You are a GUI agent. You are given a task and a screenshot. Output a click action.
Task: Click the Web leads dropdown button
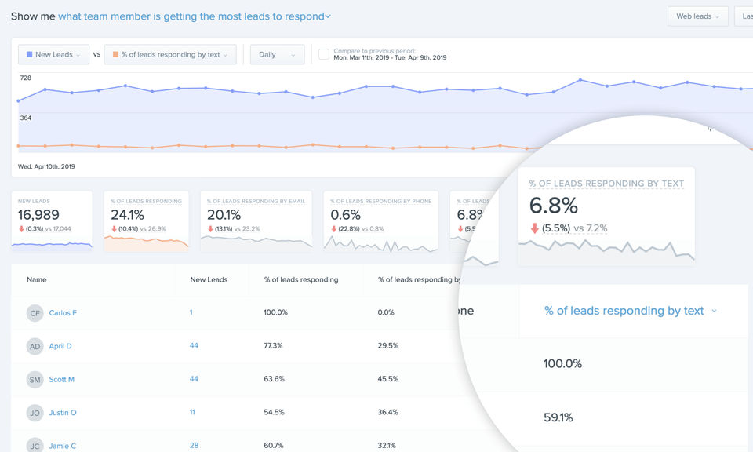[697, 16]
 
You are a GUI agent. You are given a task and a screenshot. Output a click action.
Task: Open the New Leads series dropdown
[53, 55]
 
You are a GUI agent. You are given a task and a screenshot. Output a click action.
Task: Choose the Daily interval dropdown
[277, 55]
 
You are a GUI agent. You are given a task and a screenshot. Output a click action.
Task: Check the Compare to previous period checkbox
[324, 54]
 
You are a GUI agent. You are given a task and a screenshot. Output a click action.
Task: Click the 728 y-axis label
[26, 78]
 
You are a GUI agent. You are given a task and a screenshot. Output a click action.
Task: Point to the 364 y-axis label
[26, 118]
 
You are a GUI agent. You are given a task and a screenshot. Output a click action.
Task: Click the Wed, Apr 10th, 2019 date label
[46, 166]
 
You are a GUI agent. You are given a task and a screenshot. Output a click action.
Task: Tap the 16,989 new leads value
[38, 215]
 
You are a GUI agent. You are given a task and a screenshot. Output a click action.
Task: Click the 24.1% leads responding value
[127, 215]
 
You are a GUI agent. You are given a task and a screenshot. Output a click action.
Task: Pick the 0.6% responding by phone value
[346, 215]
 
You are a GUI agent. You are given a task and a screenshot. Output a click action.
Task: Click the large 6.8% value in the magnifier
[554, 206]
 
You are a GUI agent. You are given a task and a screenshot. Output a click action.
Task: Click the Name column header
[37, 279]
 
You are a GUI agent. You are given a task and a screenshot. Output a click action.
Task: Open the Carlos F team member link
[63, 313]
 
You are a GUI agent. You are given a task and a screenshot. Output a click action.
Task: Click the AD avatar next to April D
[35, 346]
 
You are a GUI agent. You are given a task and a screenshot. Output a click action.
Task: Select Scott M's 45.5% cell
[388, 379]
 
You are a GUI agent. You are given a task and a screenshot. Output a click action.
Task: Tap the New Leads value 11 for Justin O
[192, 412]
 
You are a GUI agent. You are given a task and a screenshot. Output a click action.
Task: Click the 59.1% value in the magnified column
[558, 417]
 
